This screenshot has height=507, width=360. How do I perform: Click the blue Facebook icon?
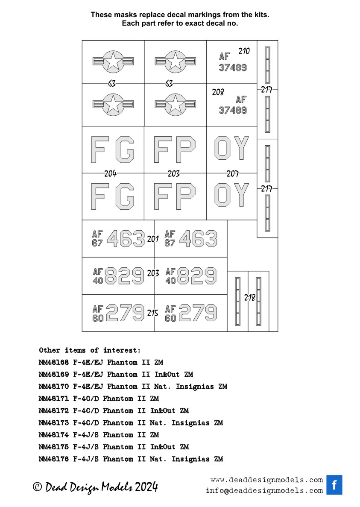tap(334, 485)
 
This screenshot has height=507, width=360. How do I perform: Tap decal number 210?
tap(244, 51)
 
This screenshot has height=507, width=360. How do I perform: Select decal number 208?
tap(218, 92)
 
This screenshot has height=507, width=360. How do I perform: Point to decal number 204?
tap(110, 174)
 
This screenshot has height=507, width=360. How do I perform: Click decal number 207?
tap(232, 174)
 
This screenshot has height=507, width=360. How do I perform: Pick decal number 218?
tap(249, 297)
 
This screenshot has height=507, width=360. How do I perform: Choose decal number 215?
tap(152, 313)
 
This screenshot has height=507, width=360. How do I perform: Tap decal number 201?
tap(153, 239)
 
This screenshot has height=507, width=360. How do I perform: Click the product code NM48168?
tap(54, 362)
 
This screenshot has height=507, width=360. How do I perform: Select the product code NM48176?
tap(54, 459)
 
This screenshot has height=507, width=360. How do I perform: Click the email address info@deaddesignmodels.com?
tap(264, 490)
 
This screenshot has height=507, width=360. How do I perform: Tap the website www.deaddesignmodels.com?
tap(266, 480)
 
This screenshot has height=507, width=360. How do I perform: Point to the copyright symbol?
tap(37, 487)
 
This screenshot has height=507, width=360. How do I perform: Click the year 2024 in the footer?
tap(146, 486)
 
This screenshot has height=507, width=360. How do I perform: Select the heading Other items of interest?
tap(90, 350)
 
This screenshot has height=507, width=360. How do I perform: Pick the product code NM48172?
tap(54, 410)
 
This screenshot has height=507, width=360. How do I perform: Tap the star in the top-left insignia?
tap(113, 61)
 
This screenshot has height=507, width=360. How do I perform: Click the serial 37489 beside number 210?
tap(233, 67)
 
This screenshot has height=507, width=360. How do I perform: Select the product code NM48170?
tap(54, 387)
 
